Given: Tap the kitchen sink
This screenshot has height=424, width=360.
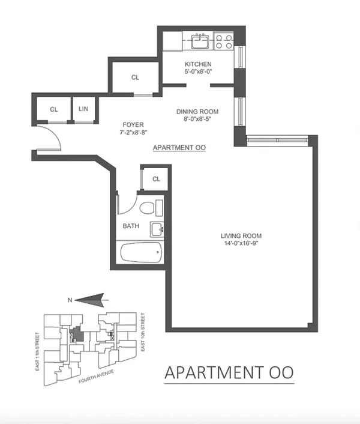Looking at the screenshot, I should [x=199, y=41].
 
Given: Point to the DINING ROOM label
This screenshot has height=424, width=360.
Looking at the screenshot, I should [x=197, y=112].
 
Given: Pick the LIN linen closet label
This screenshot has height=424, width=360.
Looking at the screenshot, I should [x=83, y=109].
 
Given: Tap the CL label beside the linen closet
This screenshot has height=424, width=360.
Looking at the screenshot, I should [x=53, y=109].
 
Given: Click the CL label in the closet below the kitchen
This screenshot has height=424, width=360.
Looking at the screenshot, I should [x=136, y=77].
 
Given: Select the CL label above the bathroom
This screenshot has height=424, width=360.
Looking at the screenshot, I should [x=157, y=179].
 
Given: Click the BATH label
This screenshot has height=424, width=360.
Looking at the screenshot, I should [x=131, y=226].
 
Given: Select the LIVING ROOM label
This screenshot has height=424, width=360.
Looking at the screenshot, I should [x=241, y=235].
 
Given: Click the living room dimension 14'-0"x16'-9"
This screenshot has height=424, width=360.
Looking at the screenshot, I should [x=241, y=243].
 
